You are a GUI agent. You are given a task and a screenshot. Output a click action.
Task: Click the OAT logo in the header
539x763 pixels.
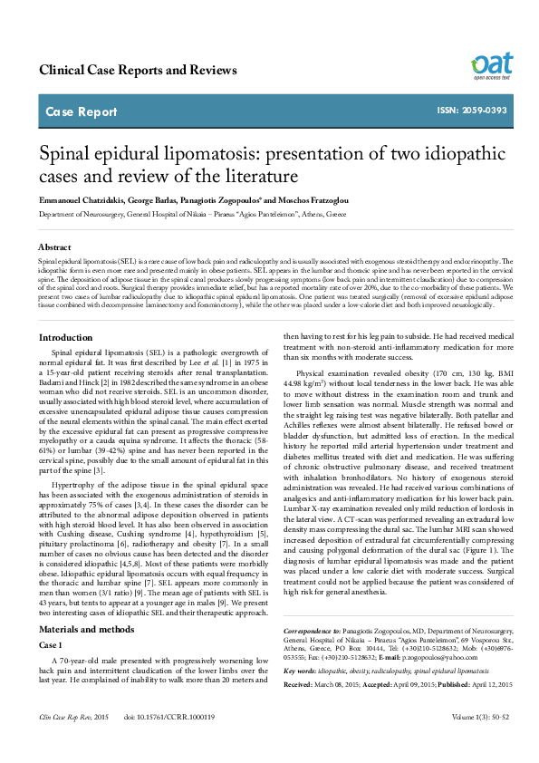point(492,66)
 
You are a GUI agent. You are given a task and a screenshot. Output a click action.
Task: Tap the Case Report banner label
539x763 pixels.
point(81,112)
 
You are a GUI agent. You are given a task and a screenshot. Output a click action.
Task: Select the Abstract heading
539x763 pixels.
point(54,246)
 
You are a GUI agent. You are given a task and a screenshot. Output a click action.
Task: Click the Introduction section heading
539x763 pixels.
point(65,337)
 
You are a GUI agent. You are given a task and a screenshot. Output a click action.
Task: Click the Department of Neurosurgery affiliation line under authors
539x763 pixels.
point(191,216)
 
